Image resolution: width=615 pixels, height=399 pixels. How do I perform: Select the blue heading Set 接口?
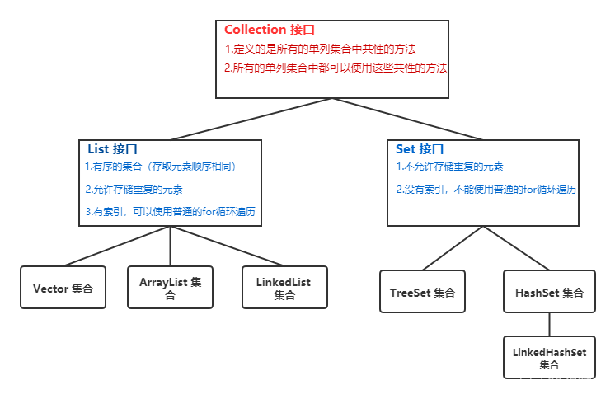pos(420,149)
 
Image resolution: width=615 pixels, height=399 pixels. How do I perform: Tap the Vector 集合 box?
pos(63,289)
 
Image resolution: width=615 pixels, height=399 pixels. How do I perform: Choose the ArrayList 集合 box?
pos(170,288)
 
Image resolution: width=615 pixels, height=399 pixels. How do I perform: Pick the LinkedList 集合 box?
pos(284,288)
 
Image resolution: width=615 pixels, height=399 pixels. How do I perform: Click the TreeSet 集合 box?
pos(422,292)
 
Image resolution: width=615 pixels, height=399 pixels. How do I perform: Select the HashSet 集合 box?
pos(549,292)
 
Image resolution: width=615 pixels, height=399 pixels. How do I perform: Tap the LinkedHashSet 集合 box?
pos(549,357)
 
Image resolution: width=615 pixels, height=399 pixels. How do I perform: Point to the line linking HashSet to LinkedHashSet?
pos(549,323)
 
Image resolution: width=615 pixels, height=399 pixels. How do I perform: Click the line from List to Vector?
pos(115,246)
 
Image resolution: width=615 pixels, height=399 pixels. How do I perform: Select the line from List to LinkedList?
pos(227,246)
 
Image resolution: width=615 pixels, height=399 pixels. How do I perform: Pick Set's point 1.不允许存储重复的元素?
pos(449,167)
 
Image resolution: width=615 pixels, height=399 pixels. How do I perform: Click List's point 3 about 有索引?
pos(171,212)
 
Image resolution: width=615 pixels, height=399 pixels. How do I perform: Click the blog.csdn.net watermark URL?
pos(531,383)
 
